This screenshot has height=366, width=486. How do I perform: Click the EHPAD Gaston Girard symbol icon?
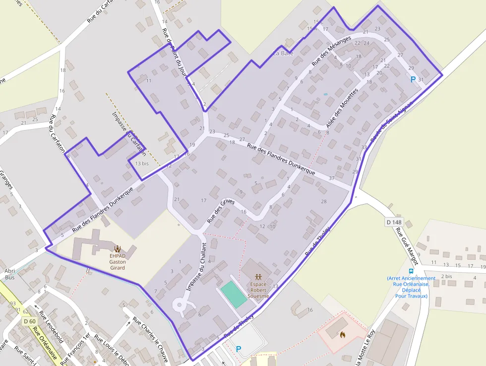tap(118, 248)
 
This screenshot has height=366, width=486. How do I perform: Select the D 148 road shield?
tap(394, 222)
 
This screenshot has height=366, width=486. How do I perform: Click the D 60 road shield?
tap(30, 321)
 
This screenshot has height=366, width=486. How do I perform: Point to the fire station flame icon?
tap(342, 335)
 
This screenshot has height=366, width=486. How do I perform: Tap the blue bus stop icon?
tap(411, 272)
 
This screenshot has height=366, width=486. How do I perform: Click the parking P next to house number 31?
tap(413, 79)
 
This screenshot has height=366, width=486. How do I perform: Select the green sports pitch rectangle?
tap(233, 293)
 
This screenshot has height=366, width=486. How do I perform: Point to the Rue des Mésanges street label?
tap(331, 51)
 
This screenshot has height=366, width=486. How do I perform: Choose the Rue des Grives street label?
tap(221, 210)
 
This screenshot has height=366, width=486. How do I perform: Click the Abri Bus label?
tap(9, 274)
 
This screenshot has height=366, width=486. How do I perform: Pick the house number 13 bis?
tap(141, 163)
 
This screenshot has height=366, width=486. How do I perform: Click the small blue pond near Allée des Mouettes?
tap(325, 94)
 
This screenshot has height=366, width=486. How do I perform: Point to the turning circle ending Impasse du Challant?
tap(178, 305)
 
